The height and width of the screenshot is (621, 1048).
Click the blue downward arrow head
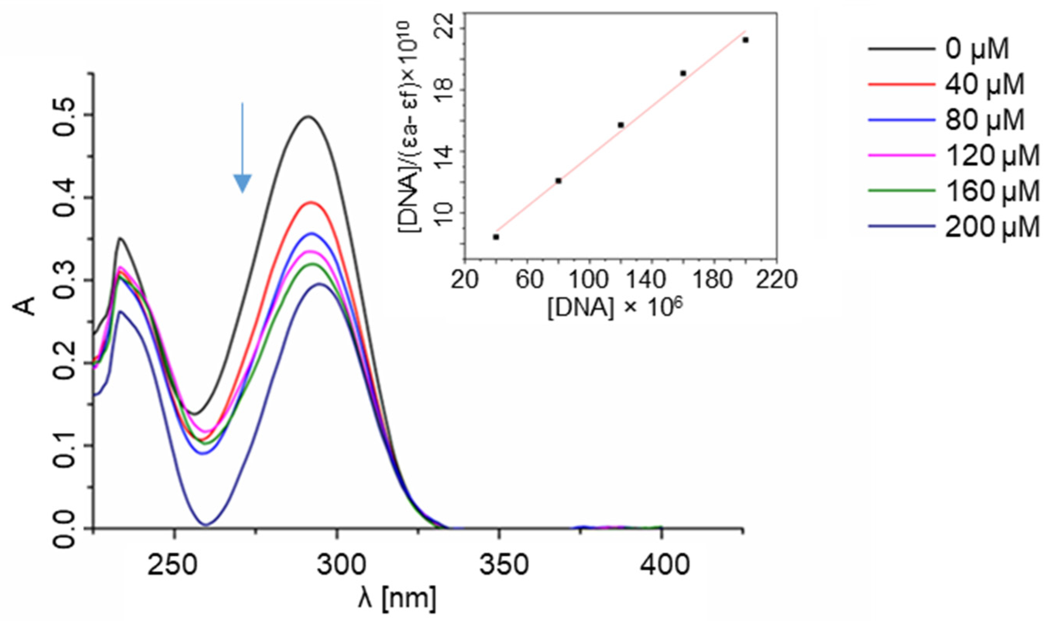242,183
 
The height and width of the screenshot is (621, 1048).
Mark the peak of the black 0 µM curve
309,116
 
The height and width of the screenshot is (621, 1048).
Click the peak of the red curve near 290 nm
310,202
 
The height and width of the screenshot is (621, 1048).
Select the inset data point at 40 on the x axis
496,237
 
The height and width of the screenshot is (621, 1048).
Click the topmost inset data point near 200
745,40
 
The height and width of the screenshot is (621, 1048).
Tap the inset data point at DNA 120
621,125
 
